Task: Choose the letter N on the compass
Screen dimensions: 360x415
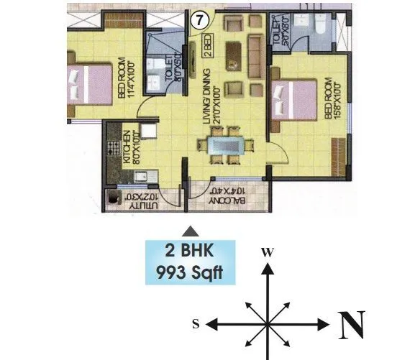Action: point(352,326)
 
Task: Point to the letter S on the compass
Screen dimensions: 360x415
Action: point(196,325)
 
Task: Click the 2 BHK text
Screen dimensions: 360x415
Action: point(190,253)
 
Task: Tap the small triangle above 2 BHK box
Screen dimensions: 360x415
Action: point(190,231)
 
